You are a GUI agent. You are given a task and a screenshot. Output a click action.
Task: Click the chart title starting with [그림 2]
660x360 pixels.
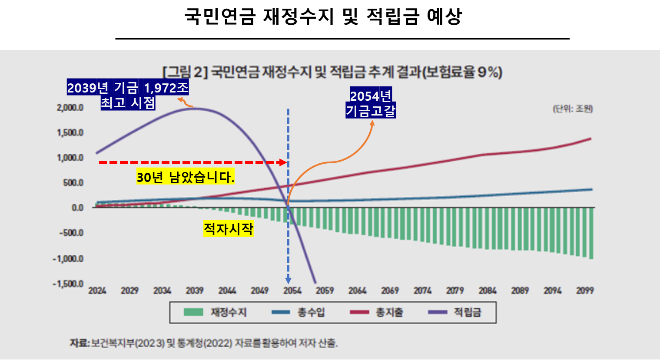332,72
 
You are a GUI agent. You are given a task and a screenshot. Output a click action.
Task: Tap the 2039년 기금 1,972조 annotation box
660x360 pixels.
128,95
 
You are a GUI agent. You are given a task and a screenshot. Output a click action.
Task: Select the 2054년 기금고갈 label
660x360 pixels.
371,103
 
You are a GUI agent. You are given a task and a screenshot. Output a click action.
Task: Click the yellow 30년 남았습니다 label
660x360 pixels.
185,177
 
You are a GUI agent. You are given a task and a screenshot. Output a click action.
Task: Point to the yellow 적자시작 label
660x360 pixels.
228,228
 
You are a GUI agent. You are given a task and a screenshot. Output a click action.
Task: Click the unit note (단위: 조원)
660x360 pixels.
573,109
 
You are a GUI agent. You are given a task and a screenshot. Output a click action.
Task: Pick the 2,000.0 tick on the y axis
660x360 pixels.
70,108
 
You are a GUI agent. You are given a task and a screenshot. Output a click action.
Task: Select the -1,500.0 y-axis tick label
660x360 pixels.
68,284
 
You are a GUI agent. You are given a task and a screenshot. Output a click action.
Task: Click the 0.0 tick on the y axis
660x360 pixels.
77,208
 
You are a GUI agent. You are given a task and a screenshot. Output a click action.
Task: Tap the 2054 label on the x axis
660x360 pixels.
292,291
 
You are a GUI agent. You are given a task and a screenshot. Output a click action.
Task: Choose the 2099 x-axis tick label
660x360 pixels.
585,291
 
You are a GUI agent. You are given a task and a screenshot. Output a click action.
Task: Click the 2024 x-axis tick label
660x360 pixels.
97,291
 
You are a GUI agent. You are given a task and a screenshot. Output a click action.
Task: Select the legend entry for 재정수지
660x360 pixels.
216,312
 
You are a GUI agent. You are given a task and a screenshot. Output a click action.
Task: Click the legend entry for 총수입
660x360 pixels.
298,312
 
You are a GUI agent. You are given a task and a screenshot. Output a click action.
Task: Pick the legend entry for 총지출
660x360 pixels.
377,312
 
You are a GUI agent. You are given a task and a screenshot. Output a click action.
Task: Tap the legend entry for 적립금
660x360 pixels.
455,312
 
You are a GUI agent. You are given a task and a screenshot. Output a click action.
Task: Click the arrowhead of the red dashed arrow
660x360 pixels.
283,162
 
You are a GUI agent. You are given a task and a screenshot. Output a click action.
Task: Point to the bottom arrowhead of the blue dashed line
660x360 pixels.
288,281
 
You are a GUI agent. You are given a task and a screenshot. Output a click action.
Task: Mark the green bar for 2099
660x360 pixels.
591,233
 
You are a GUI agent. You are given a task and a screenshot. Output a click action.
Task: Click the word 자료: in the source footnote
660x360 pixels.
80,343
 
